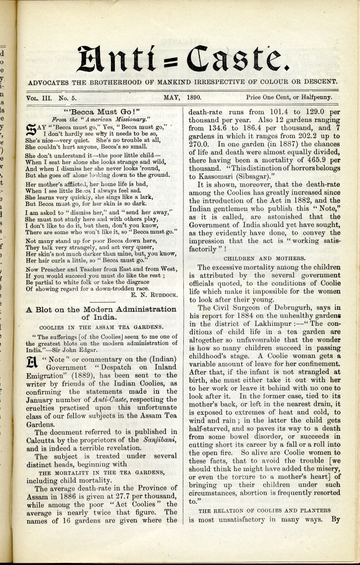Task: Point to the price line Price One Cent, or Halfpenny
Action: pos(289,97)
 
